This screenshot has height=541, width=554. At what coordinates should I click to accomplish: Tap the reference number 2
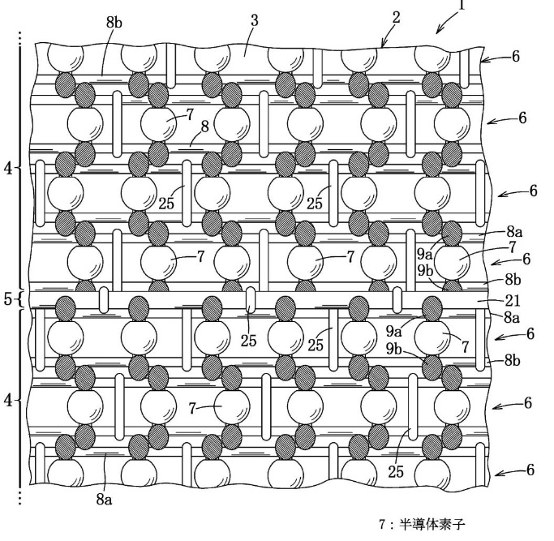(397, 17)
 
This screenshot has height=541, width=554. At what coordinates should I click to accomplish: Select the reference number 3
(255, 20)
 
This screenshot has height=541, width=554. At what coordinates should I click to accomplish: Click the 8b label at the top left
(114, 22)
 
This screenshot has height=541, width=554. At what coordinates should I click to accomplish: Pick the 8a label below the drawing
(104, 499)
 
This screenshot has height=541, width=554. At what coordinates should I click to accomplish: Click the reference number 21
(513, 300)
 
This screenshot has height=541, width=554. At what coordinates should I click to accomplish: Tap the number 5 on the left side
(8, 299)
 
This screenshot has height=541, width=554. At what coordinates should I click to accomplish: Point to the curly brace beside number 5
(19, 299)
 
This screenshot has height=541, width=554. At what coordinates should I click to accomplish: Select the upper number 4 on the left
(8, 169)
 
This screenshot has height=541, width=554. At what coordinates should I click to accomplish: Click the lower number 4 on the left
(8, 401)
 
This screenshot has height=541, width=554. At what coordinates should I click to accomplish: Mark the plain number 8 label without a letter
(205, 127)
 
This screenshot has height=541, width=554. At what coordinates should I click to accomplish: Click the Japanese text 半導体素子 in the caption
(432, 525)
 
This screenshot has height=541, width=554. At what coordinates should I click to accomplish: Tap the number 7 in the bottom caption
(382, 525)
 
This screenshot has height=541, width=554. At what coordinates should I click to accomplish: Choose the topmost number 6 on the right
(516, 56)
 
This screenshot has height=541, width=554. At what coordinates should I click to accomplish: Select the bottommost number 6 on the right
(530, 470)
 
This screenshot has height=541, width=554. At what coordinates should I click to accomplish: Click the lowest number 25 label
(396, 471)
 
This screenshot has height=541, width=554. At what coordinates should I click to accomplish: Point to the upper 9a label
(425, 254)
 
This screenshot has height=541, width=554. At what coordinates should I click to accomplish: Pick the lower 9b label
(393, 349)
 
